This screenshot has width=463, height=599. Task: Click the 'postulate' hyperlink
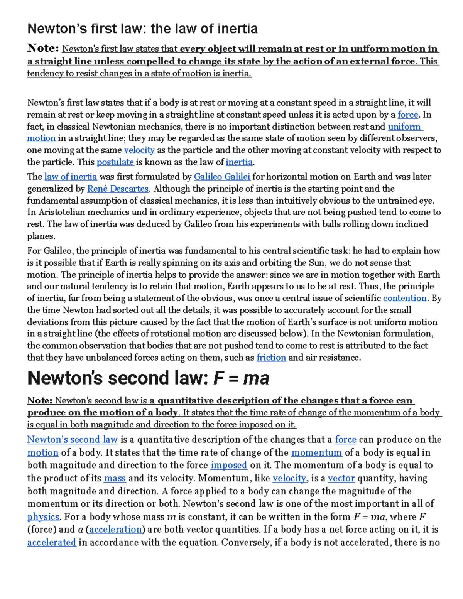tap(115, 162)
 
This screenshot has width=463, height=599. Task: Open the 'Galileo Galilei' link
tap(222, 177)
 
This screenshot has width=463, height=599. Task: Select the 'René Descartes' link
tap(118, 189)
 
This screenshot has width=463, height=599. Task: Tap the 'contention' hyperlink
tap(405, 298)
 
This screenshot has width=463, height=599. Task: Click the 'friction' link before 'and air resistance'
tap(271, 358)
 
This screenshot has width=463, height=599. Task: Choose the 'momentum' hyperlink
tap(316, 452)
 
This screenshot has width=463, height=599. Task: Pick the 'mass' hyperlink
tap(115, 478)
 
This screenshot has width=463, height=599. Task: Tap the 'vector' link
tap(341, 478)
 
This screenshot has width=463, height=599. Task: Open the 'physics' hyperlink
tap(43, 517)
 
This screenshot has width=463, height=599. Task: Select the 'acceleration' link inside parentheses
tap(116, 530)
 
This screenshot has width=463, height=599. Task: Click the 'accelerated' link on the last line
tap(52, 543)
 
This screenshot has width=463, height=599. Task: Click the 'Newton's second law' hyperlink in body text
tap(73, 440)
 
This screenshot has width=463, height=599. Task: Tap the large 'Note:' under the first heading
tap(43, 48)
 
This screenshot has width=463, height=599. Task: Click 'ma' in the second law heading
tap(256, 378)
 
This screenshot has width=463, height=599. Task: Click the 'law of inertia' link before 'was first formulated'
tap(71, 177)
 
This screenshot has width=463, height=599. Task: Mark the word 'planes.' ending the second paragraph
tap(41, 236)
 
